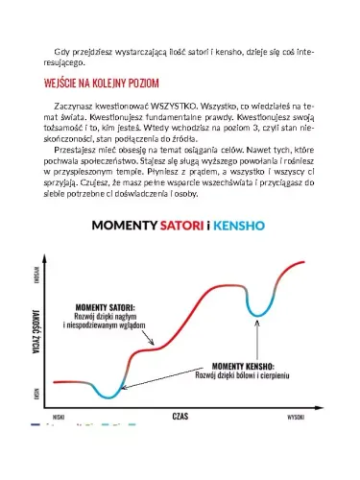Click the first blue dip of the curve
coord(111,393)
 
